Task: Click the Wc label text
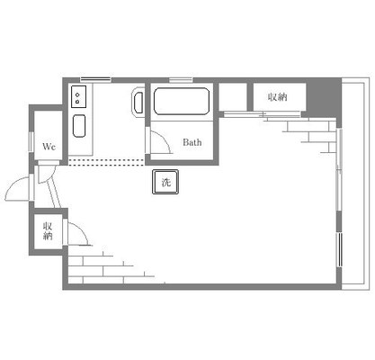pyautogui.click(x=49, y=147)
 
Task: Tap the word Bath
pyautogui.click(x=192, y=142)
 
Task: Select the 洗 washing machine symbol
pyautogui.click(x=165, y=182)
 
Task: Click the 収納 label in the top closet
pyautogui.click(x=278, y=96)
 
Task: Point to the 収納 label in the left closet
pyautogui.click(x=48, y=230)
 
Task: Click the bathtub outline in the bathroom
pyautogui.click(x=182, y=101)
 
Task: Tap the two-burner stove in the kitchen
pyautogui.click(x=79, y=96)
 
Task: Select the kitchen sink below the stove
pyautogui.click(x=79, y=126)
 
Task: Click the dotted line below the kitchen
pyautogui.click(x=106, y=162)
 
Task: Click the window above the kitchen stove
pyautogui.click(x=96, y=79)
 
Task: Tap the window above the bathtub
pyautogui.click(x=181, y=80)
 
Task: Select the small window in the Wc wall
pyautogui.click(x=31, y=141)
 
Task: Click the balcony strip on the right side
pyautogui.click(x=355, y=184)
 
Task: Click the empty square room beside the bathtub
pyautogui.click(x=233, y=97)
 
